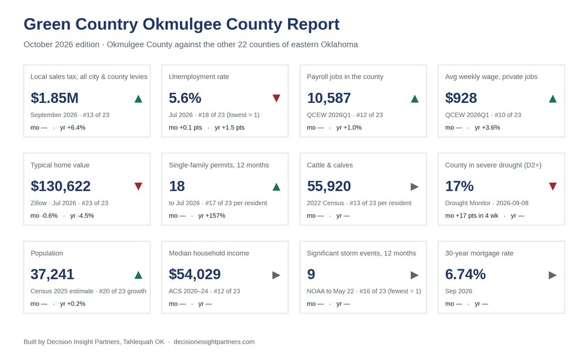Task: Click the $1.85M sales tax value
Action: tap(54, 98)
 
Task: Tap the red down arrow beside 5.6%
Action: tap(276, 98)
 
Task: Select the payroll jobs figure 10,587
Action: tap(329, 98)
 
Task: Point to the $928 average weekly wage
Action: tap(461, 98)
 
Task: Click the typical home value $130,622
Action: tap(61, 186)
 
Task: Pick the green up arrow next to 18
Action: tap(276, 186)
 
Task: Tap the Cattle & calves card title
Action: tap(330, 165)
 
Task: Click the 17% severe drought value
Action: tap(459, 186)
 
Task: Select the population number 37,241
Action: tap(52, 275)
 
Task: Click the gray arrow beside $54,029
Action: tap(276, 275)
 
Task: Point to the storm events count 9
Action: tap(311, 275)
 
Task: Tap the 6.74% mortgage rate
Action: tap(465, 275)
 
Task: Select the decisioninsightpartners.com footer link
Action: tap(214, 342)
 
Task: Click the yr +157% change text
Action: tap(212, 216)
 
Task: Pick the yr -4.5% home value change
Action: tap(82, 216)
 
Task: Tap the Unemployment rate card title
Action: tap(199, 77)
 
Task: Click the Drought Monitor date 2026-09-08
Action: tap(512, 203)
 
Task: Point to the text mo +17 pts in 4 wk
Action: tap(472, 216)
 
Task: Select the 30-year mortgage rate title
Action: tap(479, 254)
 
